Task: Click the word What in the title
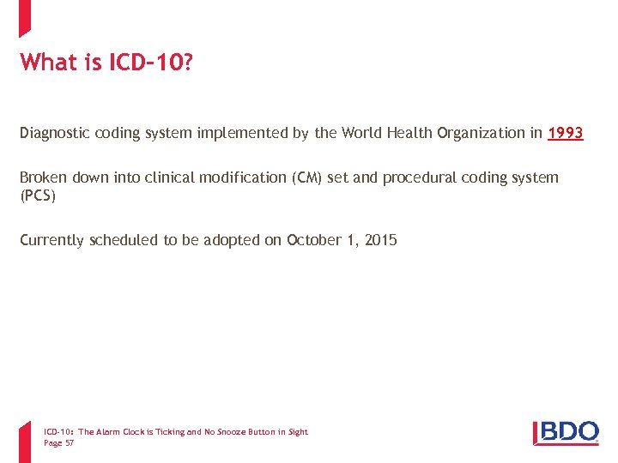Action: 48,63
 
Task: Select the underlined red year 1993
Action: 566,133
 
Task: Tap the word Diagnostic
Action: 56,133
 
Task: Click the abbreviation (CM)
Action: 306,177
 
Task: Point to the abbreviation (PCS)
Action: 39,195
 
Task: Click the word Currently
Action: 52,240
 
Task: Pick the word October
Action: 314,240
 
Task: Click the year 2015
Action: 380,240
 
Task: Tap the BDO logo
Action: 566,432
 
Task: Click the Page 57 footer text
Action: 58,443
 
